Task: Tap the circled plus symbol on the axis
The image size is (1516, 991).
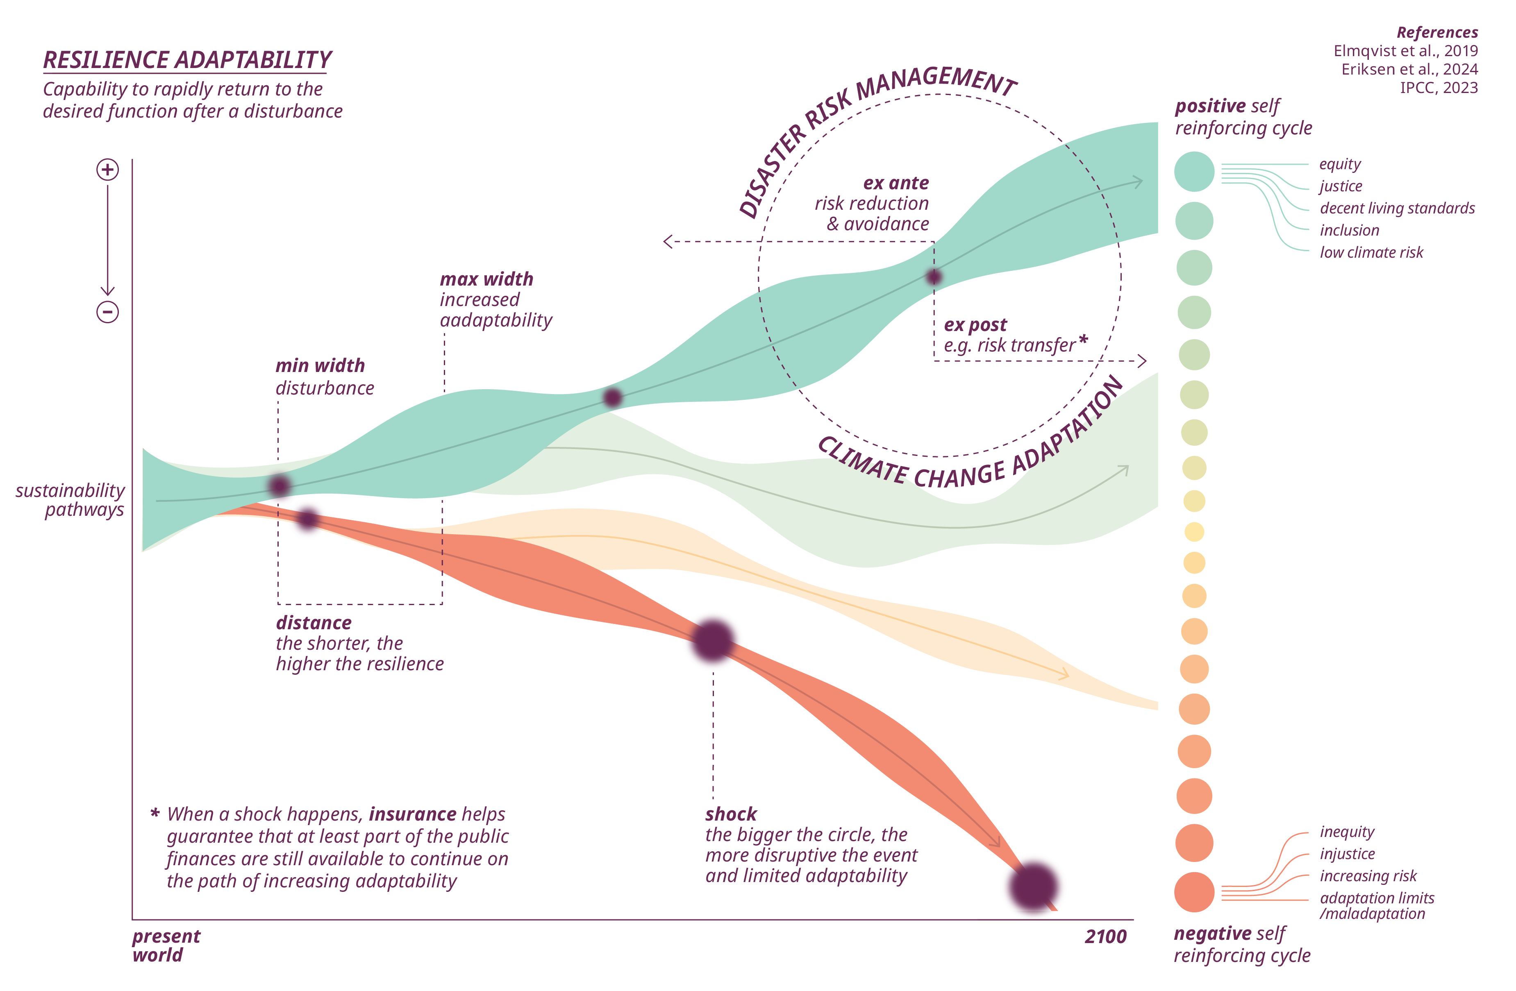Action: [x=108, y=170]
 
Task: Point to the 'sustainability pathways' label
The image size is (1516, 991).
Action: [x=70, y=500]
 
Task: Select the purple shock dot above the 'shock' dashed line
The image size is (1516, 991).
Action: [x=713, y=640]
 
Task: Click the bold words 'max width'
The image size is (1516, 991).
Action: [x=486, y=279]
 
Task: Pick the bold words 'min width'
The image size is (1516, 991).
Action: [x=320, y=365]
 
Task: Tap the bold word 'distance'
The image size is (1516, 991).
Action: [x=314, y=623]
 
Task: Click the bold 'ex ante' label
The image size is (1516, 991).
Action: [x=896, y=184]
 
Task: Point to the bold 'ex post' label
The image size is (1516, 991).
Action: [x=975, y=325]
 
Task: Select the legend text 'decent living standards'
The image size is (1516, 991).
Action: [x=1397, y=208]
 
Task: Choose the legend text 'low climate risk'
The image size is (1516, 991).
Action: [x=1371, y=253]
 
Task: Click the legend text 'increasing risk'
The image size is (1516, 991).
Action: [x=1368, y=876]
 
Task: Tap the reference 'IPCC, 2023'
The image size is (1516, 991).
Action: [x=1438, y=88]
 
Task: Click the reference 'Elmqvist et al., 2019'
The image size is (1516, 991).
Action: [x=1405, y=51]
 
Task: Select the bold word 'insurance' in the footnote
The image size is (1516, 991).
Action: [x=412, y=814]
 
